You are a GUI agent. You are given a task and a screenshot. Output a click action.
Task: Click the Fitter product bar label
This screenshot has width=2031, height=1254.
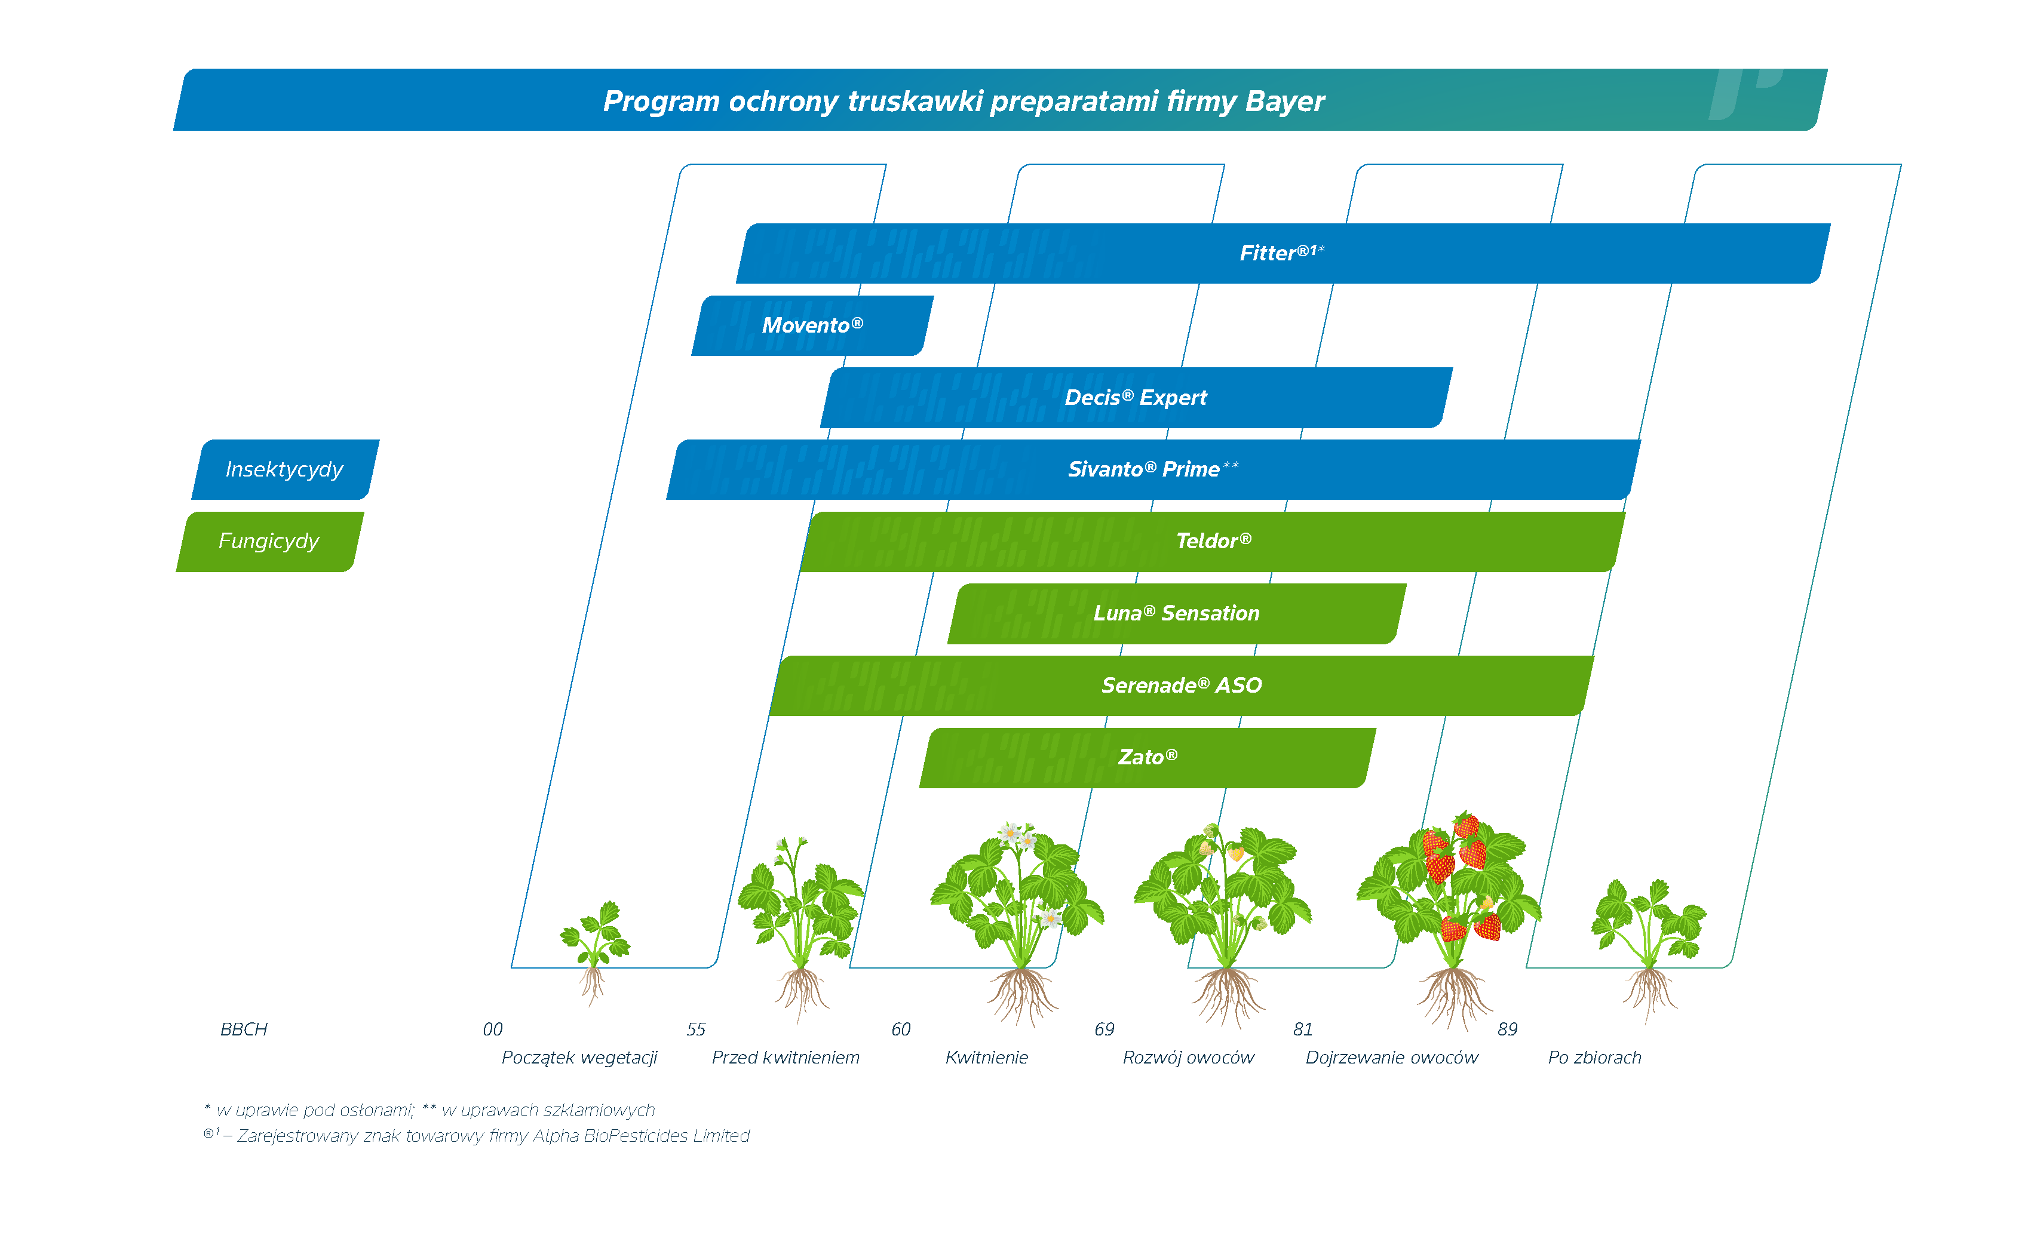pyautogui.click(x=1281, y=253)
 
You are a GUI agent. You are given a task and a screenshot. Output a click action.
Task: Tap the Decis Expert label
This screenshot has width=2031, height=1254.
pyautogui.click(x=1135, y=397)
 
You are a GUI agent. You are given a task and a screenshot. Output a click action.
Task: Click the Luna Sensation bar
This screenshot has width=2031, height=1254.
pyautogui.click(x=1176, y=613)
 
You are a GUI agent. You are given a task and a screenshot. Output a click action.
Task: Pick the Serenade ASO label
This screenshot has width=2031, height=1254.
pyautogui.click(x=1180, y=685)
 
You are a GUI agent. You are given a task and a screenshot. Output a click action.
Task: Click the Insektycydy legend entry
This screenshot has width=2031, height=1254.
pyautogui.click(x=284, y=469)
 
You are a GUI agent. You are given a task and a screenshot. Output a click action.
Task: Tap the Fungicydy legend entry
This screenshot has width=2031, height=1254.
pyautogui.click(x=269, y=541)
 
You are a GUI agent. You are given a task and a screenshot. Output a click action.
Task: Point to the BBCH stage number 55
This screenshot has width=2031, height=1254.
pyautogui.click(x=695, y=1029)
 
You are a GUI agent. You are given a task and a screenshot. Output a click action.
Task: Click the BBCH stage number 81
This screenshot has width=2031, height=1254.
pyautogui.click(x=1303, y=1029)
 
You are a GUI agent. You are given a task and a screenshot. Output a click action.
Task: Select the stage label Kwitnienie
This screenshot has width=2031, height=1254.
pyautogui.click(x=986, y=1058)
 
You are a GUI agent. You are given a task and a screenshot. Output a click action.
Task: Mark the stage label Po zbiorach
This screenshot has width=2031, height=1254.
pyautogui.click(x=1594, y=1058)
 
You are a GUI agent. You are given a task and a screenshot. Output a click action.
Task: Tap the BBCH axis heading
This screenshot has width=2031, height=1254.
pyautogui.click(x=244, y=1029)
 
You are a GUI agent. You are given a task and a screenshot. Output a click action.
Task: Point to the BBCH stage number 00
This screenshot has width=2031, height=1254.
pyautogui.click(x=492, y=1029)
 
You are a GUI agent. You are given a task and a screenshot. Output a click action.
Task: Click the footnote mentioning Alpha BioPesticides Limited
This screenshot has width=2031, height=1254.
pyautogui.click(x=477, y=1135)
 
